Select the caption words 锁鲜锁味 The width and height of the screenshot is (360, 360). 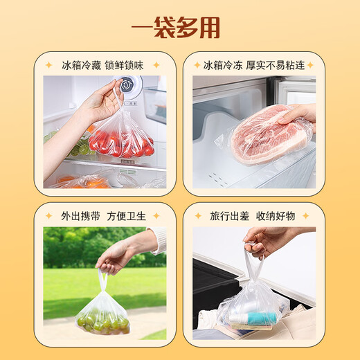pyautogui.click(x=125, y=64)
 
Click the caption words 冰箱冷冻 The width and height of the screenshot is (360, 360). pyautogui.click(x=222, y=64)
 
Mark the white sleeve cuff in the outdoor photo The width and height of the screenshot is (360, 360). pyautogui.click(x=158, y=240)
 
